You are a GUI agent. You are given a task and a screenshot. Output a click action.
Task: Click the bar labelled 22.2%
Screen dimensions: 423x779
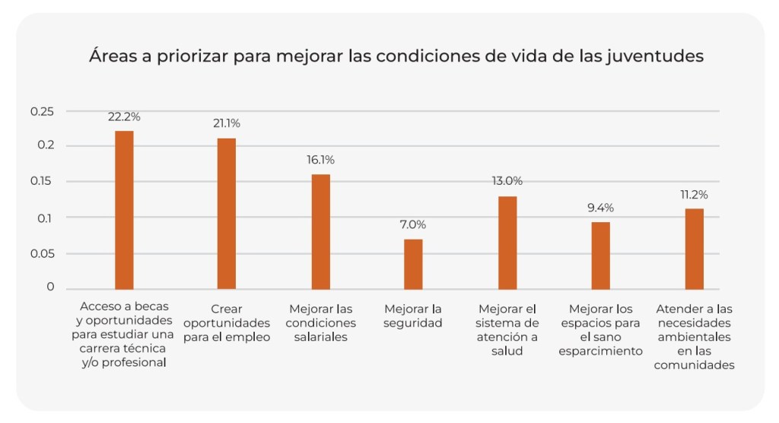124,210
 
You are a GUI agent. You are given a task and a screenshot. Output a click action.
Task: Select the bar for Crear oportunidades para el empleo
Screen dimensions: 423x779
227,214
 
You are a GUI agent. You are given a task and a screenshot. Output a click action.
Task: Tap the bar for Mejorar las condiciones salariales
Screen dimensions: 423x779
321,231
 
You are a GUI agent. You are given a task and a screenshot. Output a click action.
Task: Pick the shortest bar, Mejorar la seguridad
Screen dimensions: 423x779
413,264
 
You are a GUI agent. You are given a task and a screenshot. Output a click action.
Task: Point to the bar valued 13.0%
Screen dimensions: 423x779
507,243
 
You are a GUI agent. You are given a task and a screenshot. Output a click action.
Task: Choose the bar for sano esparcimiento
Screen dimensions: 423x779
601,256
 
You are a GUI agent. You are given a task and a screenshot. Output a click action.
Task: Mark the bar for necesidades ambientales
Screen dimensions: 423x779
694,249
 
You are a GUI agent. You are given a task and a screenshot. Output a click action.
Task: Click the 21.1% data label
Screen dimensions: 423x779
226,123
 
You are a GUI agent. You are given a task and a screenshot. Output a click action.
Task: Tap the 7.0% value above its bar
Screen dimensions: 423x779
413,224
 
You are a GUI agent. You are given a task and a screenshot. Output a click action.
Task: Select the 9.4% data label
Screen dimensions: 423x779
601,208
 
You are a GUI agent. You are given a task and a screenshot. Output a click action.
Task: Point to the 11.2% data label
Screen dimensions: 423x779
694,194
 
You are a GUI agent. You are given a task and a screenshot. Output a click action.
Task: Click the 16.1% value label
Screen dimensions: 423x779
320,160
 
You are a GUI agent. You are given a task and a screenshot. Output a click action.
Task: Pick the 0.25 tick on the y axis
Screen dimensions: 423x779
43,112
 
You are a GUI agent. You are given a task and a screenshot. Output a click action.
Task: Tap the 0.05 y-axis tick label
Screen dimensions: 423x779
43,253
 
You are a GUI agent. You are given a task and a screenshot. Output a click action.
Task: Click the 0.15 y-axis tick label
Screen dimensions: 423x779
43,181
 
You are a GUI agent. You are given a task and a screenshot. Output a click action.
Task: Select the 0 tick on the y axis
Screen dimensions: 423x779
51,287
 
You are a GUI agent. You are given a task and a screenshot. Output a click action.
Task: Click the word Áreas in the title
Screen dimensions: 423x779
112,56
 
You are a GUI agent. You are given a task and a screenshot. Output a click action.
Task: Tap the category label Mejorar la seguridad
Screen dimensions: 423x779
413,316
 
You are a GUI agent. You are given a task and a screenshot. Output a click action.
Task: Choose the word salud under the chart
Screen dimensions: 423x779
507,351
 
